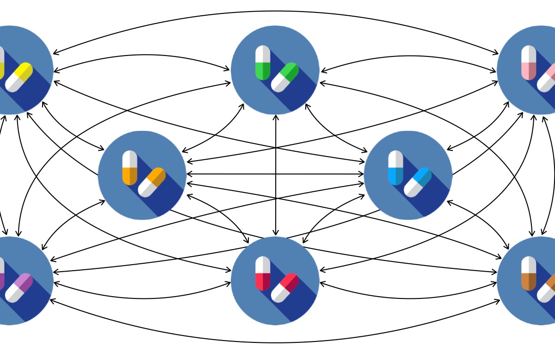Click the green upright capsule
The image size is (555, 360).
coord(263,63)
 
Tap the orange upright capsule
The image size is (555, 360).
coord(130,168)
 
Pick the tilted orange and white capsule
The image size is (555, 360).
coord(152,182)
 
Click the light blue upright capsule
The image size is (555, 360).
coord(396,168)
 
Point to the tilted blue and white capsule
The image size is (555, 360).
coord(418,182)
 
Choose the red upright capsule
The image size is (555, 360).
coord(263,273)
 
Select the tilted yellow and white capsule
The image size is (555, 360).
coord(19,77)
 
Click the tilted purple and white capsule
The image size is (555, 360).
coord(19,287)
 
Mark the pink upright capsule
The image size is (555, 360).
coord(529,63)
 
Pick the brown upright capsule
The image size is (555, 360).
coord(529,273)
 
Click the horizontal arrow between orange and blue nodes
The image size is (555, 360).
coord(275,174)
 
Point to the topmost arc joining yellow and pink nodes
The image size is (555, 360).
coord(276,11)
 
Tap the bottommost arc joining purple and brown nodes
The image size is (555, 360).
coord(276,342)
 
